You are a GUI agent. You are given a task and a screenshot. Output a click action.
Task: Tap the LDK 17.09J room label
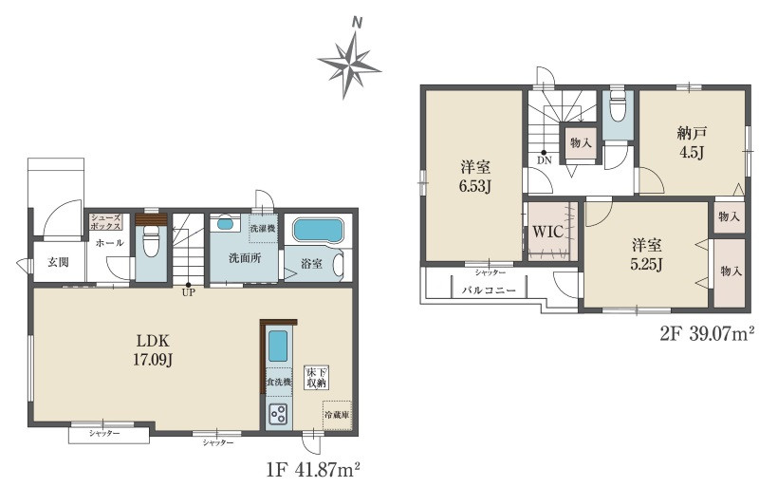click(x=153, y=349)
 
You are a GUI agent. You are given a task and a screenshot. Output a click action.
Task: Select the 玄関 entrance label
click(x=58, y=262)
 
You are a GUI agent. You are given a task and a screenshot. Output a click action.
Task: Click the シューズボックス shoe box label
click(x=105, y=222)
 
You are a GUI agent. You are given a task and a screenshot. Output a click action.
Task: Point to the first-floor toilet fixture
click(x=151, y=240)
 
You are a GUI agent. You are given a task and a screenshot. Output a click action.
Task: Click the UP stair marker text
click(x=188, y=292)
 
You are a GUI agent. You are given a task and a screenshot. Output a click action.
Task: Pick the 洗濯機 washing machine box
click(x=264, y=227)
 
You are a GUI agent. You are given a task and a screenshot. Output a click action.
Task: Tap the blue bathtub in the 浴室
click(x=318, y=230)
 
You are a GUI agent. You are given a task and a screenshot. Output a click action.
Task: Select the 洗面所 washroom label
click(x=245, y=258)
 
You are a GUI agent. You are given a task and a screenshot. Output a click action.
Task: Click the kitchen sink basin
click(x=278, y=346)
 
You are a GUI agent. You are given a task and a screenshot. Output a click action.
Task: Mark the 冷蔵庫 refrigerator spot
click(x=337, y=415)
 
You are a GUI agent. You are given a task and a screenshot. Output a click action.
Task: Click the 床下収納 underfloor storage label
click(x=316, y=378)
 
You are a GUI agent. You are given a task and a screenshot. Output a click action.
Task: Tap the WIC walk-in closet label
click(x=548, y=232)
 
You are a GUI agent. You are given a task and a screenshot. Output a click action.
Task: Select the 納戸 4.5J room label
click(x=693, y=142)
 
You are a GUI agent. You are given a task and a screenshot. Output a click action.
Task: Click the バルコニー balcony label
click(x=489, y=290)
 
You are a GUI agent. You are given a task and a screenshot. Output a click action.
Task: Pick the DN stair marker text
click(x=545, y=160)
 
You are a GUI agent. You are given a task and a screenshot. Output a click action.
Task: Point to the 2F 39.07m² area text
click(x=707, y=334)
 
